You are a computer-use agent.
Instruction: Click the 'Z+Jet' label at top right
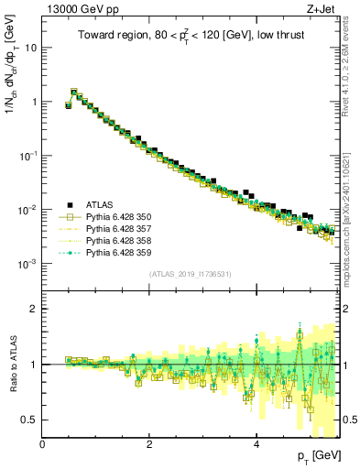(326, 8)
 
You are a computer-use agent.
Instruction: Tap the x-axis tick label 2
(150, 444)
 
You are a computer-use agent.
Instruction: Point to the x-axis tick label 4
(257, 444)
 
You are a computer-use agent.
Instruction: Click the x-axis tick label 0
(43, 444)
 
